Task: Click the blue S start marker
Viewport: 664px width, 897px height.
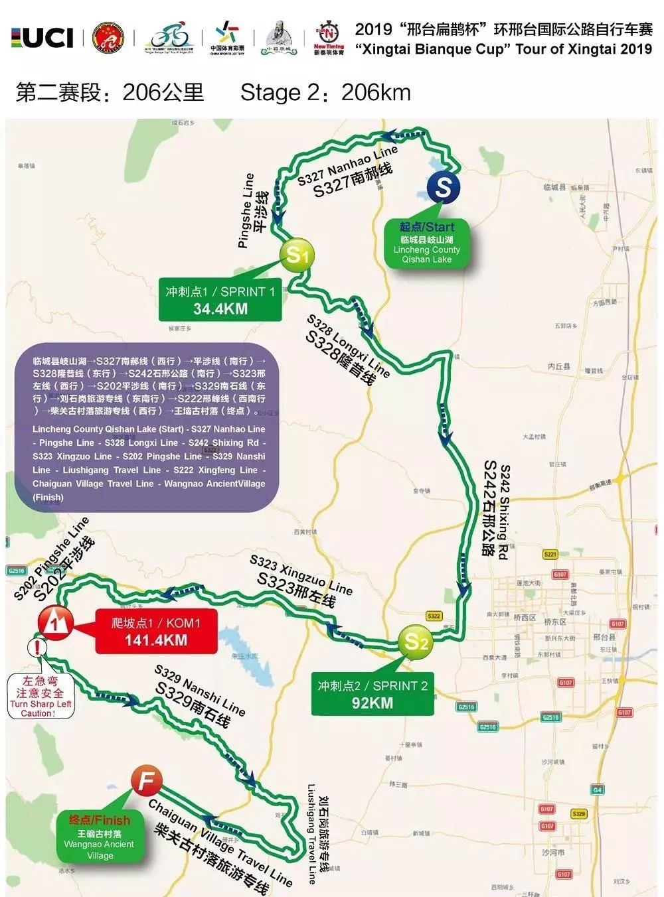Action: [x=444, y=188]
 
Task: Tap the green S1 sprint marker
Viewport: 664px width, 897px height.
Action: [x=297, y=254]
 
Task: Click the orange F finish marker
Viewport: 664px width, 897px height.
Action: [x=146, y=781]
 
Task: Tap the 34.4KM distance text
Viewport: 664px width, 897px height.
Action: [x=220, y=309]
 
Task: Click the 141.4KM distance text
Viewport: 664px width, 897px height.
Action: [x=156, y=640]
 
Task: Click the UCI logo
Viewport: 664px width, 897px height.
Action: [x=42, y=38]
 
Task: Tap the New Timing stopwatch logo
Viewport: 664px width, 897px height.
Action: [x=329, y=38]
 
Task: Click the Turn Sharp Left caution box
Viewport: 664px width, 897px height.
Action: [x=41, y=697]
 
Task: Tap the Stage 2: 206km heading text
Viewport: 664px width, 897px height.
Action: [x=325, y=93]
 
